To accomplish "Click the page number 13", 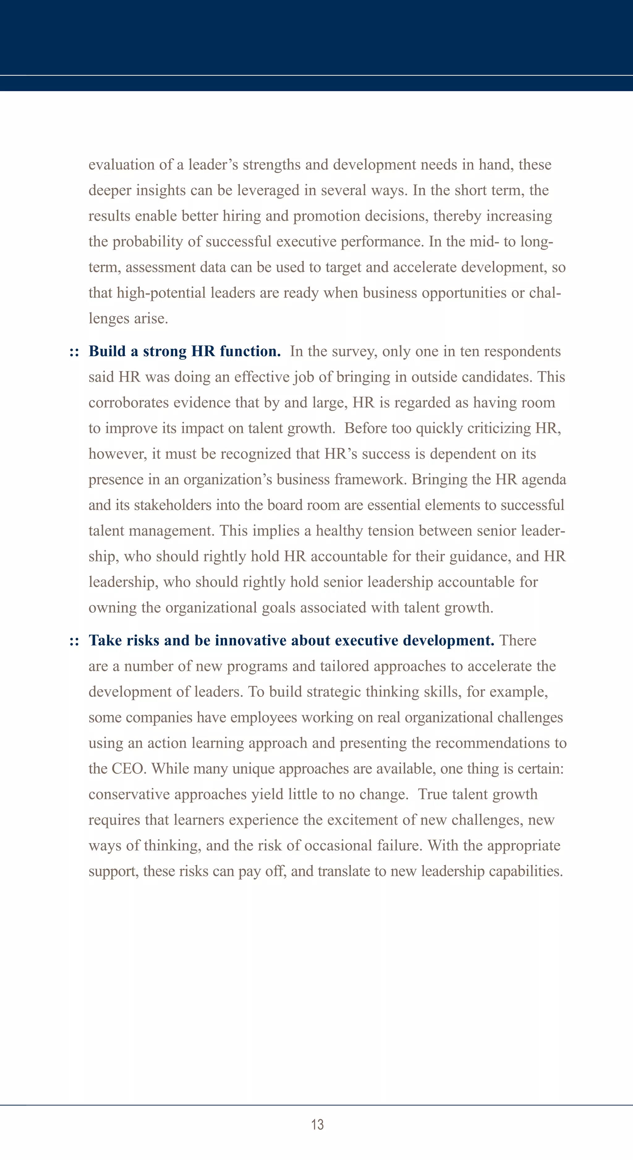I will pyautogui.click(x=317, y=1124).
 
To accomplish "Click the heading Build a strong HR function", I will pyautogui.click(x=185, y=351).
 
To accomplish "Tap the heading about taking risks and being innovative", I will pyautogui.click(x=291, y=640).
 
